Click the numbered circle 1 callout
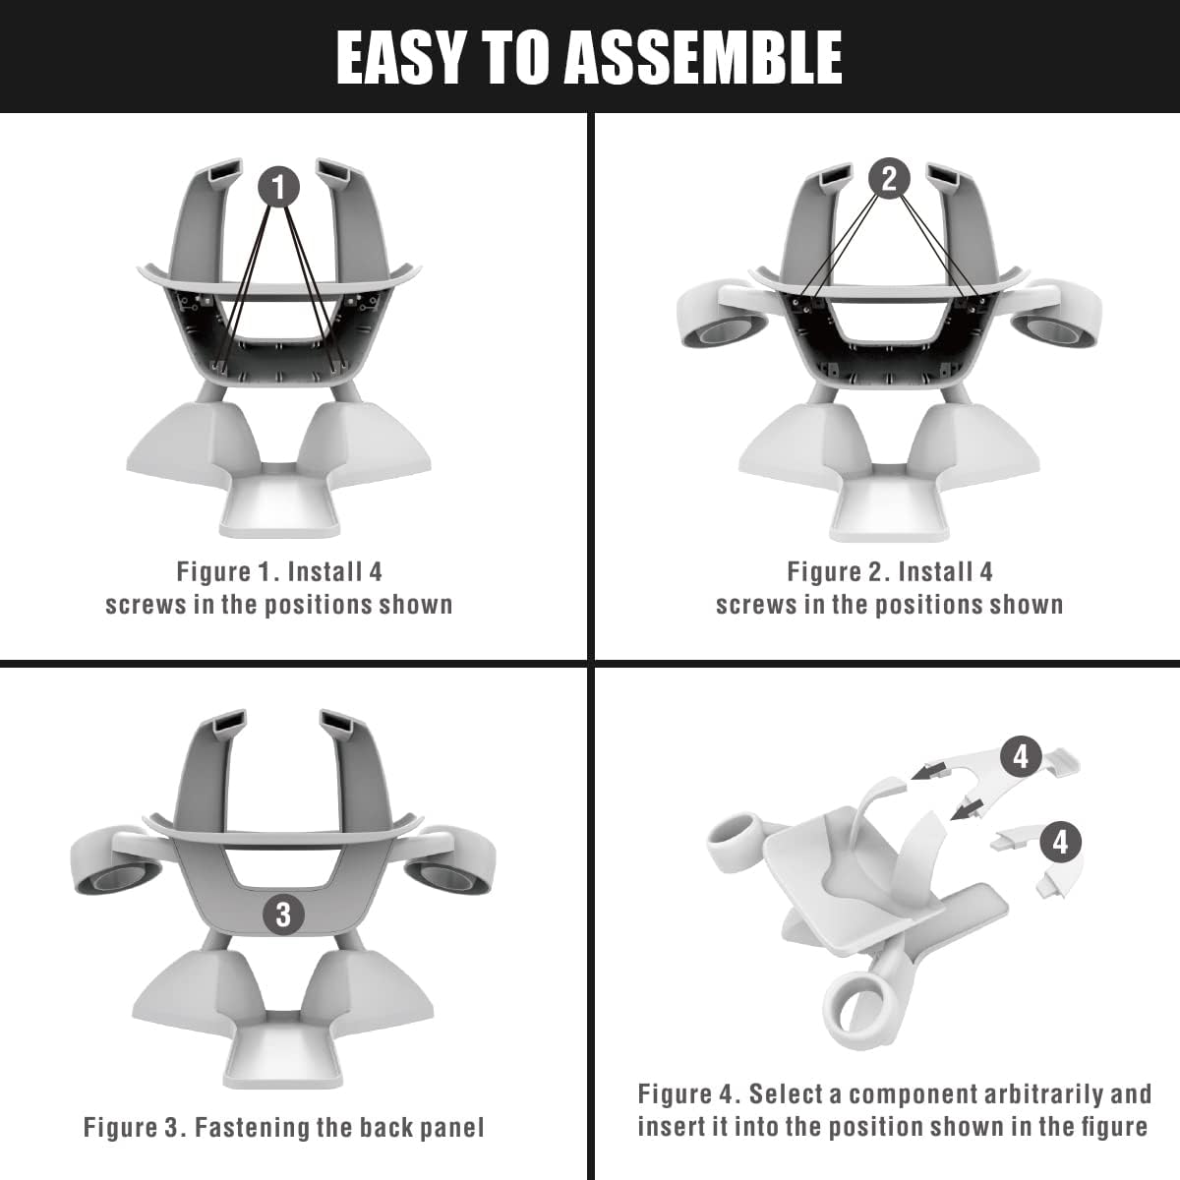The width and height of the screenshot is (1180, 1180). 279,185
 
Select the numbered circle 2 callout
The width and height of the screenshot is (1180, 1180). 889,179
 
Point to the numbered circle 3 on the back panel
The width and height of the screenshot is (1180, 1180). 283,914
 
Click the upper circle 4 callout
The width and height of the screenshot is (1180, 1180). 1021,755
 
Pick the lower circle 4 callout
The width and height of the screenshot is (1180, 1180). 1060,842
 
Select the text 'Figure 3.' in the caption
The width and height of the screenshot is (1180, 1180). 126,1127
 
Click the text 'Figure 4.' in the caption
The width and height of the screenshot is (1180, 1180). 680,1093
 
